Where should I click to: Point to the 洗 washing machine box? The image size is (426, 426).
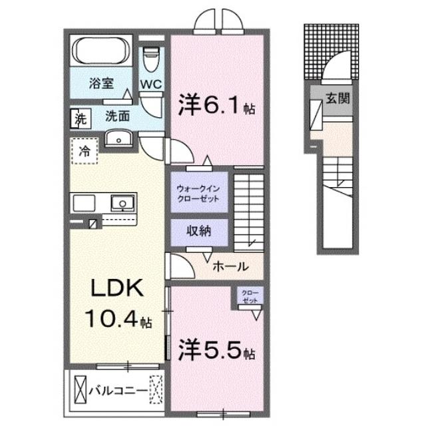tap(80, 120)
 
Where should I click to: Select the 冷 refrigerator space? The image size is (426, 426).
tap(83, 150)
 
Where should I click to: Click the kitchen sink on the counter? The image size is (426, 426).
tap(121, 203)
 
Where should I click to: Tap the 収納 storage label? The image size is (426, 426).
tap(198, 232)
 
